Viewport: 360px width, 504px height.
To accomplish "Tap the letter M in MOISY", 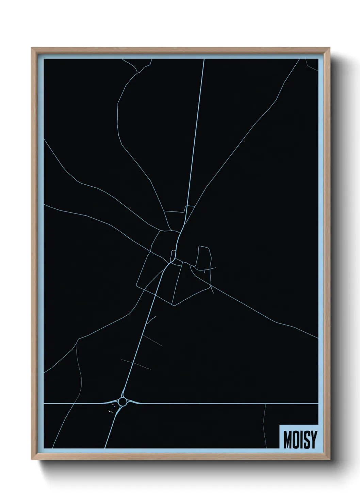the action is pyautogui.click(x=287, y=440).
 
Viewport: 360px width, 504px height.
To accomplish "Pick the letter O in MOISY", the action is pyautogui.click(x=295, y=440).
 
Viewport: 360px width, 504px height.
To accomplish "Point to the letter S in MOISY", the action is pyautogui.click(x=306, y=440).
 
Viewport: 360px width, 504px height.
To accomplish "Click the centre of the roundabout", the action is pyautogui.click(x=123, y=402).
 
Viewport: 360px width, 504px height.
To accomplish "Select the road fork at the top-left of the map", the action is pyautogui.click(x=137, y=72).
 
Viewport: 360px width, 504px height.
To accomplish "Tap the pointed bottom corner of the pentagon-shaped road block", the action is pyautogui.click(x=174, y=305).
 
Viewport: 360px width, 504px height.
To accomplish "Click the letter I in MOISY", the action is pyautogui.click(x=300, y=440).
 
